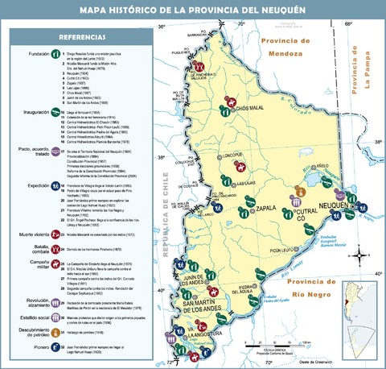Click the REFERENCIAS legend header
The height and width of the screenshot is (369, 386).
[80, 38]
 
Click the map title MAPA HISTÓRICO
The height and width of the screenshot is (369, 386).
[193, 9]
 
